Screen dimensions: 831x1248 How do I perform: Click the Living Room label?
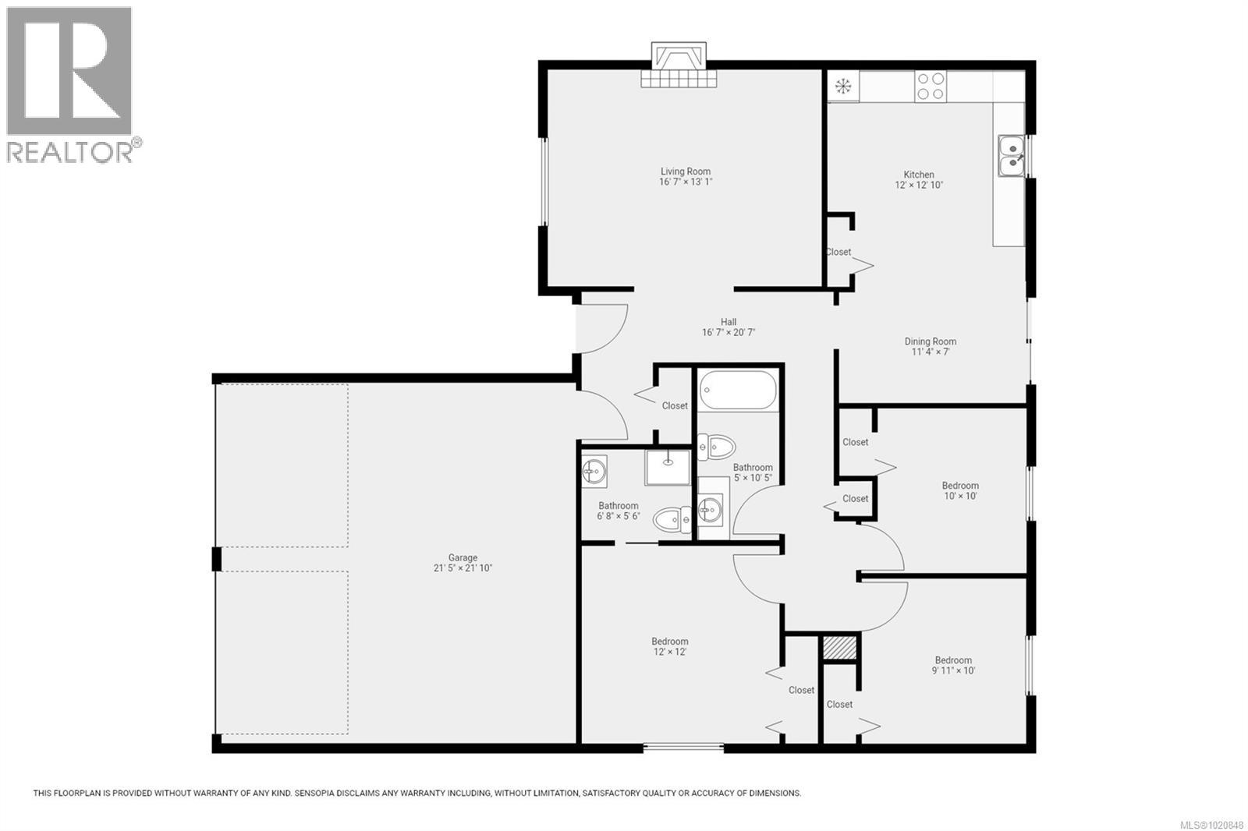686,172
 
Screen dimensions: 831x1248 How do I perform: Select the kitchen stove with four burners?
930,86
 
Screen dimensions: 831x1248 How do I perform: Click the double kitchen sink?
1011,154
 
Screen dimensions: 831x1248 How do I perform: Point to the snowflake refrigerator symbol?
842,86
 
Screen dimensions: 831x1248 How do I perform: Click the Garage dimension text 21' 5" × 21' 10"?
463,568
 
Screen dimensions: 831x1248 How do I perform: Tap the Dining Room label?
930,341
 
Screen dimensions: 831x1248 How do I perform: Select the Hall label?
729,322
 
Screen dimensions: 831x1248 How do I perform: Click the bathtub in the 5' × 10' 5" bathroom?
738,391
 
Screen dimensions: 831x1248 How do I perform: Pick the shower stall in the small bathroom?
667,467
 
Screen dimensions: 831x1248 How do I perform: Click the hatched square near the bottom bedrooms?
840,648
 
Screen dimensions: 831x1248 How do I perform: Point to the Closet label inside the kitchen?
838,252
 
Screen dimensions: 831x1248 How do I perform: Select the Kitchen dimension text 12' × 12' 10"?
919,186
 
